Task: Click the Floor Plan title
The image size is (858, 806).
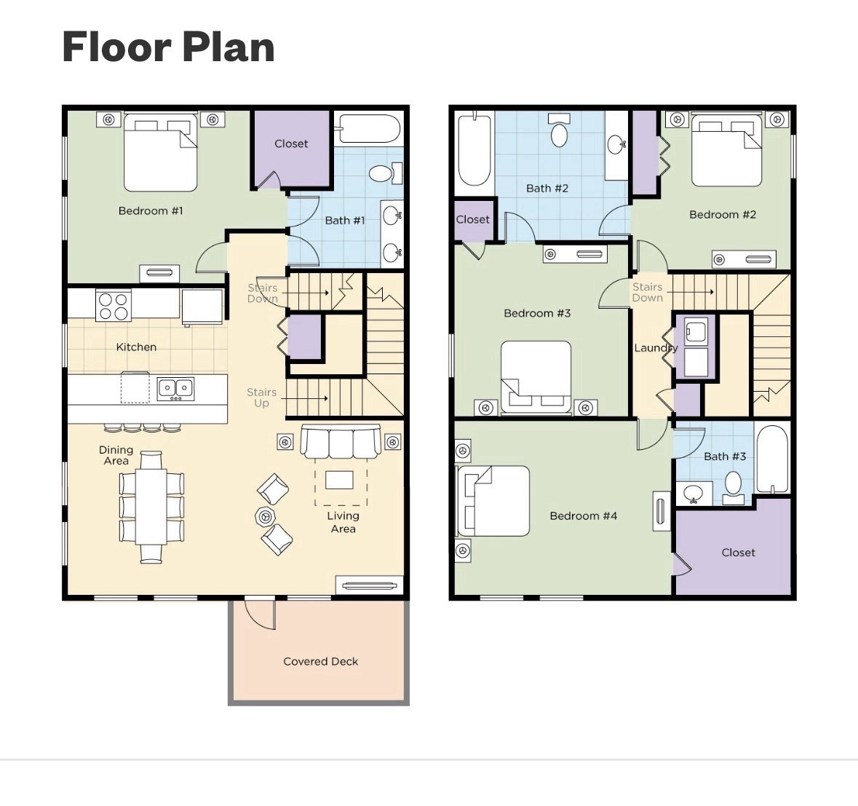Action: pyautogui.click(x=168, y=47)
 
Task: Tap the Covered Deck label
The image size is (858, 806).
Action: pyautogui.click(x=321, y=661)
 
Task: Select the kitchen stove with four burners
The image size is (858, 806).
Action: pyautogui.click(x=114, y=306)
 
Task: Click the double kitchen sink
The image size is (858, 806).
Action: pyautogui.click(x=175, y=389)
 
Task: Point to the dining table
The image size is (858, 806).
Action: pyautogui.click(x=151, y=507)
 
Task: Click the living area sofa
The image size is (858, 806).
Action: pyautogui.click(x=341, y=442)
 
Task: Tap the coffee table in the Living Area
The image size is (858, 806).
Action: pyautogui.click(x=339, y=481)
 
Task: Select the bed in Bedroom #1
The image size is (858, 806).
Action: pyautogui.click(x=160, y=153)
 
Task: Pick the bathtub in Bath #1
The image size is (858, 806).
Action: pyautogui.click(x=368, y=129)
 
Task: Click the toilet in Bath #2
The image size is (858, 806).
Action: pyautogui.click(x=559, y=130)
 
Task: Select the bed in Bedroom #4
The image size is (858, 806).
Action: pyautogui.click(x=493, y=501)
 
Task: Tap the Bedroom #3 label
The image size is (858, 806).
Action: pyautogui.click(x=537, y=313)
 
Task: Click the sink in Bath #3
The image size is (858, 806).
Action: pyautogui.click(x=694, y=494)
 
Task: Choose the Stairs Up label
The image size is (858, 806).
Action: pyautogui.click(x=261, y=398)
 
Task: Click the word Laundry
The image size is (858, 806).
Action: pyautogui.click(x=656, y=348)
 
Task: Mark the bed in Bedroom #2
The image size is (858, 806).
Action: pyautogui.click(x=727, y=150)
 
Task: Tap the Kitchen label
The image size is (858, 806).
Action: pyautogui.click(x=136, y=347)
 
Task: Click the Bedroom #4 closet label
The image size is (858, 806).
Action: pyautogui.click(x=738, y=553)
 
